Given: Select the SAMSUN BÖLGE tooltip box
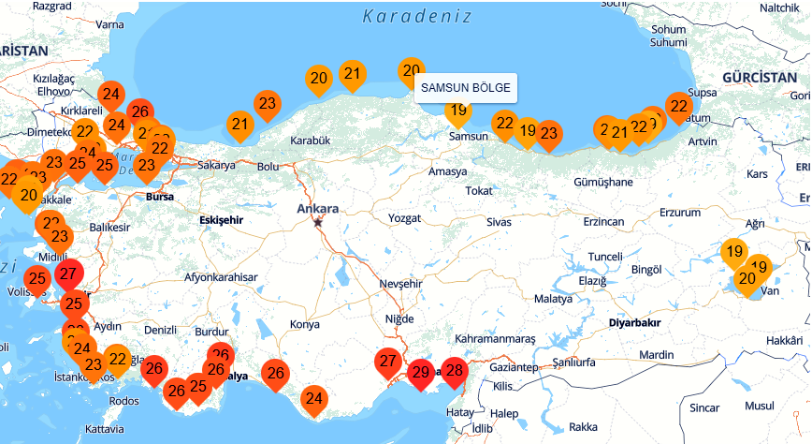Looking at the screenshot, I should pyautogui.click(x=466, y=88).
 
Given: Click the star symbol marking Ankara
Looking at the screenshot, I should pyautogui.click(x=319, y=222).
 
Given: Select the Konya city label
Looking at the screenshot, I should pyautogui.click(x=305, y=324).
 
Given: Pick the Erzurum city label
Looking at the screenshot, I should pyautogui.click(x=679, y=213).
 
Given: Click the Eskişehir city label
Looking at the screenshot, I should pyautogui.click(x=222, y=219).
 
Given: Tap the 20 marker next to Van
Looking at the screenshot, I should pyautogui.click(x=747, y=277).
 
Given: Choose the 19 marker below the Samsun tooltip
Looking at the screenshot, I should pyautogui.click(x=457, y=111).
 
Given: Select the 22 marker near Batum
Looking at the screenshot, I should pyautogui.click(x=678, y=106).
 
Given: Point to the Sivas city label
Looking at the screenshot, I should pyautogui.click(x=500, y=222).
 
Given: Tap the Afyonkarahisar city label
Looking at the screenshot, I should pyautogui.click(x=220, y=277).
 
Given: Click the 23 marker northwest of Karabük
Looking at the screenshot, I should pyautogui.click(x=267, y=103).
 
